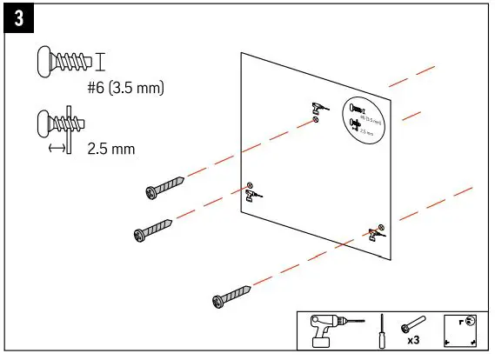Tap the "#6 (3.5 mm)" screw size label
(125, 87)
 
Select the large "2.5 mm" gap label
(111, 149)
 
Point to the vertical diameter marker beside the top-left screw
(100, 61)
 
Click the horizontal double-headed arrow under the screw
(57, 149)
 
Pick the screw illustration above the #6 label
(64, 61)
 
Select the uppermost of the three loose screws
(164, 186)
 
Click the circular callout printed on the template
(363, 117)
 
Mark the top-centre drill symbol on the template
(317, 107)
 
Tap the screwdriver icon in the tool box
(379, 331)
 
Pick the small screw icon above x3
(410, 326)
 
